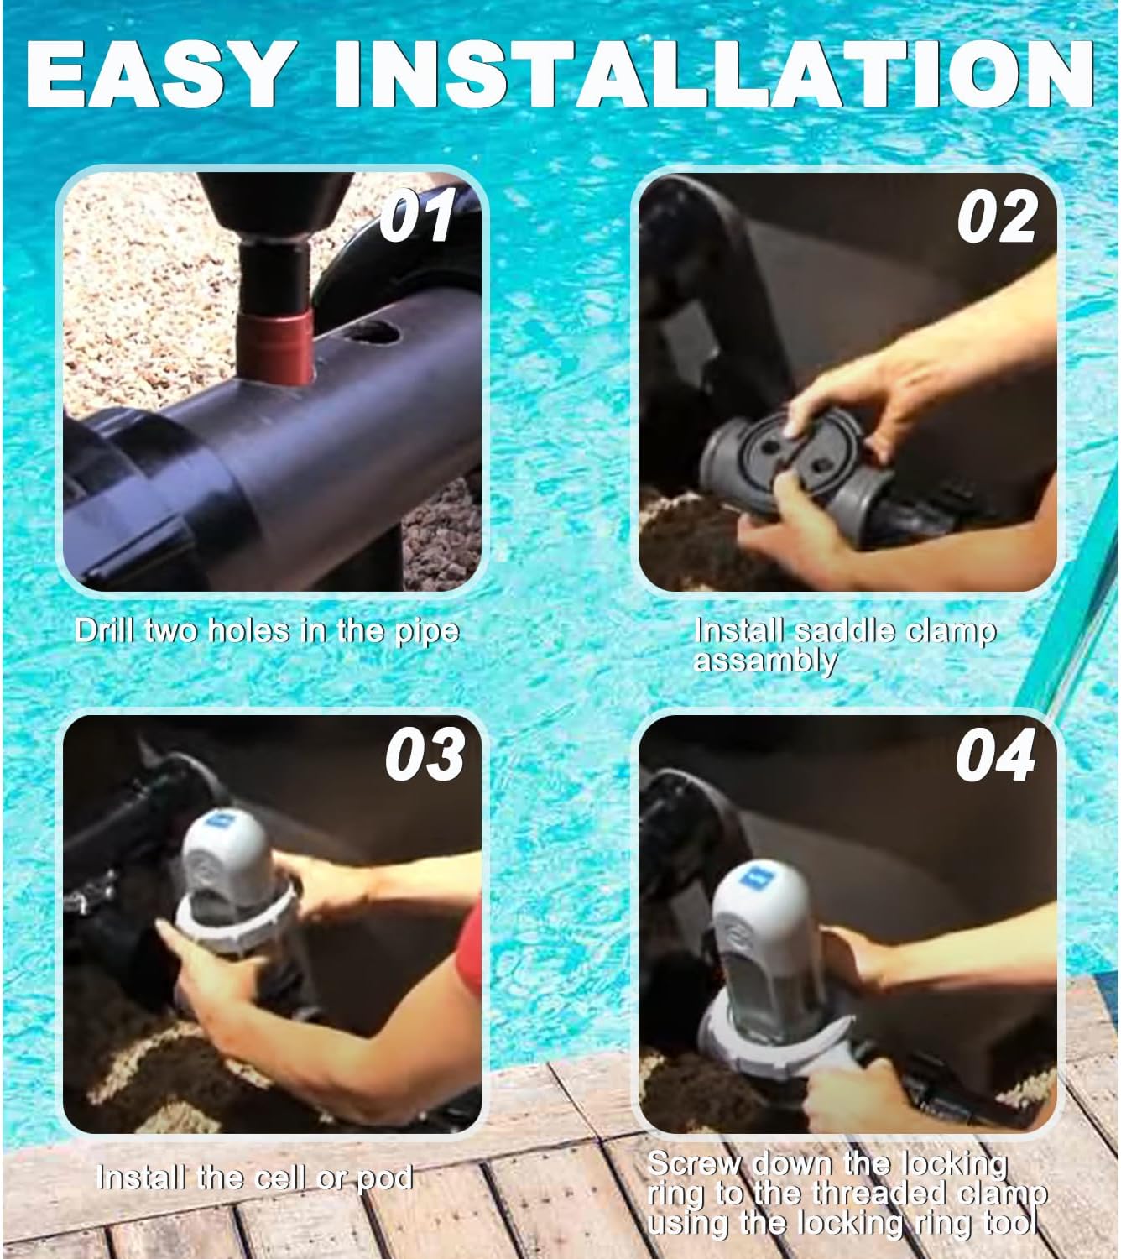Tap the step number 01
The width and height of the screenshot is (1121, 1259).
tap(415, 217)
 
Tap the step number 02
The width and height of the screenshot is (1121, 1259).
tap(997, 217)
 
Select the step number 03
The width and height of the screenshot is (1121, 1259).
tap(425, 755)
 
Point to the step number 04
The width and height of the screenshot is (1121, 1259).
tap(995, 755)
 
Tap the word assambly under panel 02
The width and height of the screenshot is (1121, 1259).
tap(765, 661)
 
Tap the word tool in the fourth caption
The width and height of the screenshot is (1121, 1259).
tap(1012, 1223)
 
